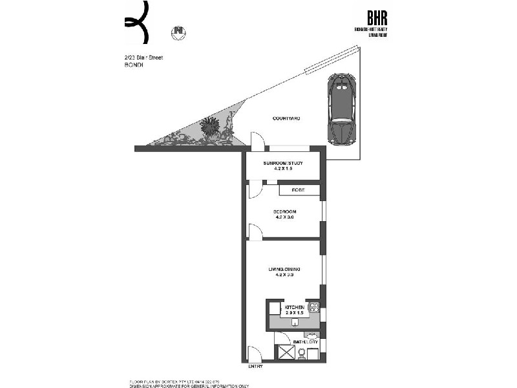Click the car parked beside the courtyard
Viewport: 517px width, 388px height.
(342, 109)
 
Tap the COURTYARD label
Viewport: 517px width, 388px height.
(285, 118)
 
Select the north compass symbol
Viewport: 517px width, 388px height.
(178, 31)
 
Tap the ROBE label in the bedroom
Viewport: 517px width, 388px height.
(298, 190)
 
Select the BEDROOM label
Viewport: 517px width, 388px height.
(284, 212)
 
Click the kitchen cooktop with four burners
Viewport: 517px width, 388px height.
(315, 307)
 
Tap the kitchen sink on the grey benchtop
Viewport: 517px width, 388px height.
(293, 323)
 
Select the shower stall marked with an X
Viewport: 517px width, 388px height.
(285, 353)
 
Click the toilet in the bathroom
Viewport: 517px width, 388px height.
(302, 353)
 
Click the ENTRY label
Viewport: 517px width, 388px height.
(256, 367)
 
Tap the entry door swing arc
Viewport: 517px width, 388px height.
(253, 353)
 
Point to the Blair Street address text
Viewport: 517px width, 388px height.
(143, 57)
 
